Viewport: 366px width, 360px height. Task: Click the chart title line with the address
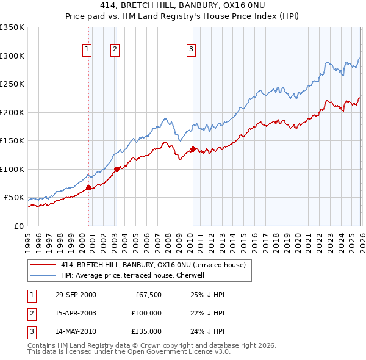[x=183, y=5]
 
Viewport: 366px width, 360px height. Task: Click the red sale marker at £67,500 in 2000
[x=89, y=187]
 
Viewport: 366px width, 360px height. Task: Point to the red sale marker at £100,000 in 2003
[x=117, y=169]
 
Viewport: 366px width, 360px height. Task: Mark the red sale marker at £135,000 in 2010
[x=193, y=149]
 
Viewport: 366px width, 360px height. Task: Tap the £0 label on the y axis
[x=18, y=226]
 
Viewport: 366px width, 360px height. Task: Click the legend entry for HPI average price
[x=136, y=275]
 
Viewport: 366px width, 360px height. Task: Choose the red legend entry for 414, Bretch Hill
[x=152, y=265]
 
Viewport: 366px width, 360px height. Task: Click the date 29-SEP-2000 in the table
[x=76, y=295]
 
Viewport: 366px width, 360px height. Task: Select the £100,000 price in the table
[x=146, y=313]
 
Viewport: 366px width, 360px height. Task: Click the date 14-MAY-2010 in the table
[x=76, y=331]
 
